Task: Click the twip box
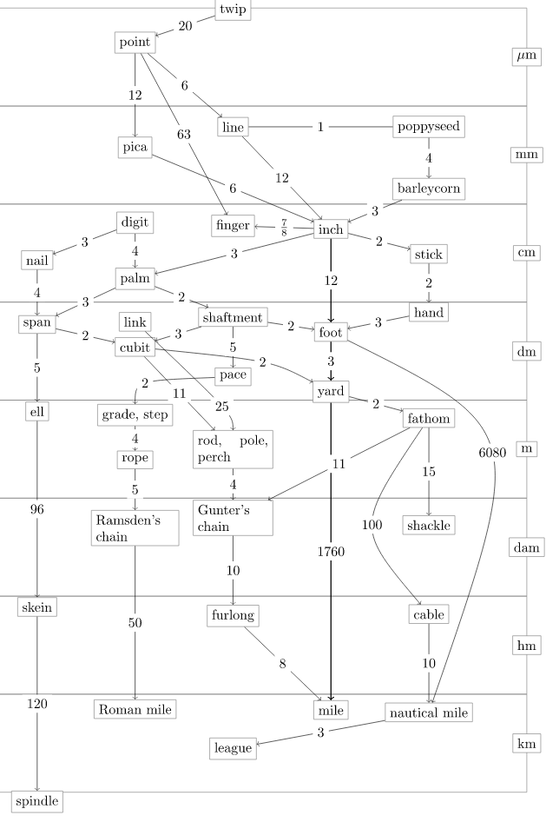[233, 10]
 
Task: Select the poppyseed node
[429, 127]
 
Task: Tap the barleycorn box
[429, 189]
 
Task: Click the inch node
[331, 229]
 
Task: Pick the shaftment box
[233, 318]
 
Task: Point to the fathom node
[429, 419]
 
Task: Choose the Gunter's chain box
[233, 518]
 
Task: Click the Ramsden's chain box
[135, 528]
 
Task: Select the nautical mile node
[429, 713]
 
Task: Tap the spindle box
[37, 801]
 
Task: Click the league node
[233, 748]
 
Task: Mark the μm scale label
[526, 56]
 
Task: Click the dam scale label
[526, 547]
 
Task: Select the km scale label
[526, 744]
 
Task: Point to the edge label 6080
[492, 453]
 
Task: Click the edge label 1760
[331, 552]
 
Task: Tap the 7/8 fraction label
[284, 228]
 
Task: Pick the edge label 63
[184, 135]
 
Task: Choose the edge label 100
[372, 525]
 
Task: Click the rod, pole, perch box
[233, 449]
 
